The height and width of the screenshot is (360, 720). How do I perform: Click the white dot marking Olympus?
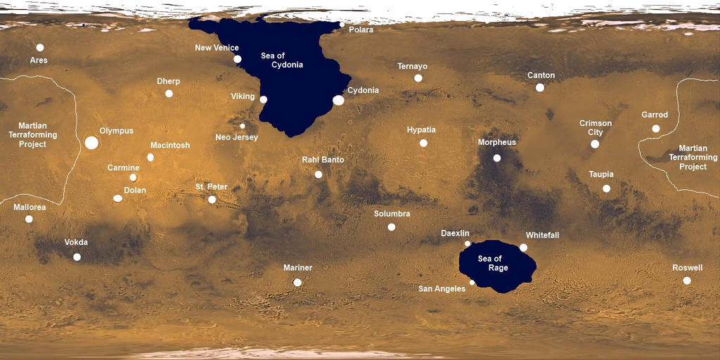[91, 143]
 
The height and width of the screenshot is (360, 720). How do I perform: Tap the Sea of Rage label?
[493, 264]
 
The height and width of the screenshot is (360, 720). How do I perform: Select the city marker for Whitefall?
[523, 247]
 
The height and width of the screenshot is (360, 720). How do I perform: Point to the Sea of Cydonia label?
[282, 60]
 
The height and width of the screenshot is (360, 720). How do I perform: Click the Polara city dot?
[342, 25]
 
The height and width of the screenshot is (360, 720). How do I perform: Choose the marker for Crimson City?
[595, 144]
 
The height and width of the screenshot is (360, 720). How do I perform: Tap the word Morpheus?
[497, 142]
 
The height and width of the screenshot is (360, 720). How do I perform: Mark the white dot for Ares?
[40, 47]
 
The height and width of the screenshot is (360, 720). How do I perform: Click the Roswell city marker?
[687, 281]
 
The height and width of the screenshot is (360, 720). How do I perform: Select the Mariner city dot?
[297, 283]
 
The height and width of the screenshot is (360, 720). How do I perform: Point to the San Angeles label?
[442, 289]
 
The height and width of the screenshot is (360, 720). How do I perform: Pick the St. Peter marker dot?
[212, 200]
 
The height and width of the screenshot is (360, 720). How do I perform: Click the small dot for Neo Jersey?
[243, 126]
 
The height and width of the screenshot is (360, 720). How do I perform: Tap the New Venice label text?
[217, 48]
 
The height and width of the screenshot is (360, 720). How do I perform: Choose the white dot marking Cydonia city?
[338, 101]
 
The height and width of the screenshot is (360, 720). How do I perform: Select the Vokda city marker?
[77, 257]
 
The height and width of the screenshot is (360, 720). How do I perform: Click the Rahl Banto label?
[323, 160]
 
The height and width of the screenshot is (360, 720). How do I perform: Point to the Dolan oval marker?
[117, 199]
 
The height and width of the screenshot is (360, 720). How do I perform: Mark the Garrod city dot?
[656, 129]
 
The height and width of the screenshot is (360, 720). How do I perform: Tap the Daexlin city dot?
[468, 243]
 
